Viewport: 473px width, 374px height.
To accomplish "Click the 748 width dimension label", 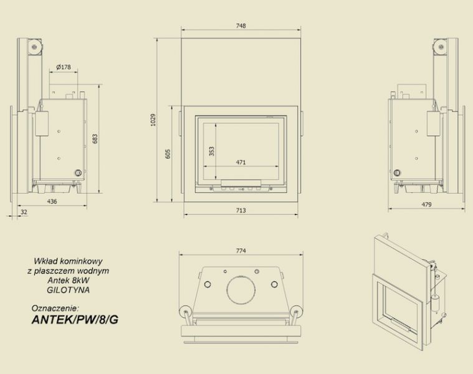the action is click(241, 26).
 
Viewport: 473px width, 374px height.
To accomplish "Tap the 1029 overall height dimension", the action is click(153, 120).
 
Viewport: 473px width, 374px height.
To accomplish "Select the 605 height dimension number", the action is click(168, 154).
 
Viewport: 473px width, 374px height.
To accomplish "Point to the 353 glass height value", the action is click(211, 151).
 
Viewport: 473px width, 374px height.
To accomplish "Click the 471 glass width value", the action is click(241, 162).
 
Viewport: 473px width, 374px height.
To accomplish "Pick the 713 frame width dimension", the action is click(241, 210).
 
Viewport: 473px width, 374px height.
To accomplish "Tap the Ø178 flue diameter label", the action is click(64, 67).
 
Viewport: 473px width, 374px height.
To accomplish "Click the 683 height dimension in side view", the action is click(95, 139).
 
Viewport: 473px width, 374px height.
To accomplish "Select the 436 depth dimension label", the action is click(52, 201).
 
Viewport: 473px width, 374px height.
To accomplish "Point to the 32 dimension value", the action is click(24, 212).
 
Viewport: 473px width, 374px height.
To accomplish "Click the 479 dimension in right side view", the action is click(426, 204).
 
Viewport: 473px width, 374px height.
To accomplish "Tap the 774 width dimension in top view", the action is click(241, 251).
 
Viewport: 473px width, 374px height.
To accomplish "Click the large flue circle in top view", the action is click(241, 290).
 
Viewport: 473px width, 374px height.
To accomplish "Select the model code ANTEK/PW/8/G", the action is click(75, 320).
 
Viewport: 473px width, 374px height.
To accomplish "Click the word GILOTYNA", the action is click(68, 290).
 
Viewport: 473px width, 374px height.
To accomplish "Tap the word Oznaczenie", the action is click(55, 309).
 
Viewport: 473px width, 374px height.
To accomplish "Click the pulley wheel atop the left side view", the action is click(35, 47).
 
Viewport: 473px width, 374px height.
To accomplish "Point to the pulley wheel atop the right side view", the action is click(441, 47).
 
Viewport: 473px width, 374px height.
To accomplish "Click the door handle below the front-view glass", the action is click(241, 183).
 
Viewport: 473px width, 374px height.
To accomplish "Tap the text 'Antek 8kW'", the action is click(69, 280).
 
